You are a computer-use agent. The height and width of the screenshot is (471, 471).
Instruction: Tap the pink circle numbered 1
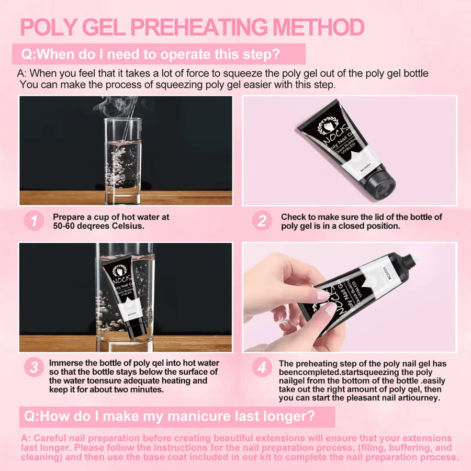point(34,221)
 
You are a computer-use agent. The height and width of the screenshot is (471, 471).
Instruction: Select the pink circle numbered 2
point(262,221)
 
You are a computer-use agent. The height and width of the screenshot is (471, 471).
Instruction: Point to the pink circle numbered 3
point(34,367)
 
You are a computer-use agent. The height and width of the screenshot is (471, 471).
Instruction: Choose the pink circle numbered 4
point(262,367)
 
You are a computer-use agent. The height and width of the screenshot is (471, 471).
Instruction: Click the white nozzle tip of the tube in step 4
point(416,259)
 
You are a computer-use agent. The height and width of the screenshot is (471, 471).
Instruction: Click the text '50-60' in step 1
point(64,226)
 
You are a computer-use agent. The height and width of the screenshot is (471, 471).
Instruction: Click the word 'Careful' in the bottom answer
point(49,438)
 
